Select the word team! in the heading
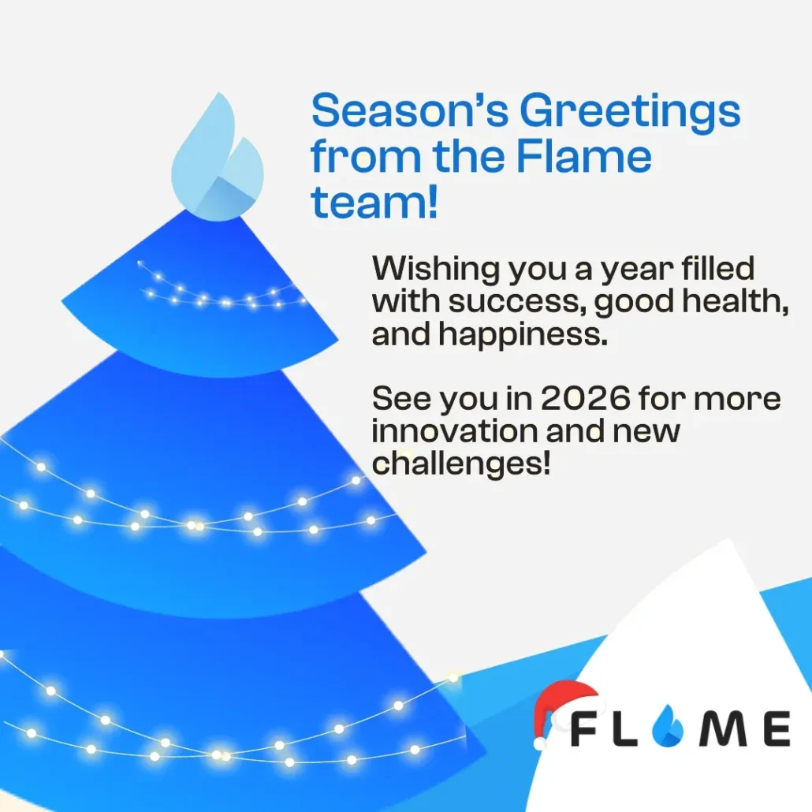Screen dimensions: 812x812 [x=374, y=203]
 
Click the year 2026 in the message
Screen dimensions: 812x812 [x=586, y=399]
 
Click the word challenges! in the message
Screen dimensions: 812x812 [x=460, y=464]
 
